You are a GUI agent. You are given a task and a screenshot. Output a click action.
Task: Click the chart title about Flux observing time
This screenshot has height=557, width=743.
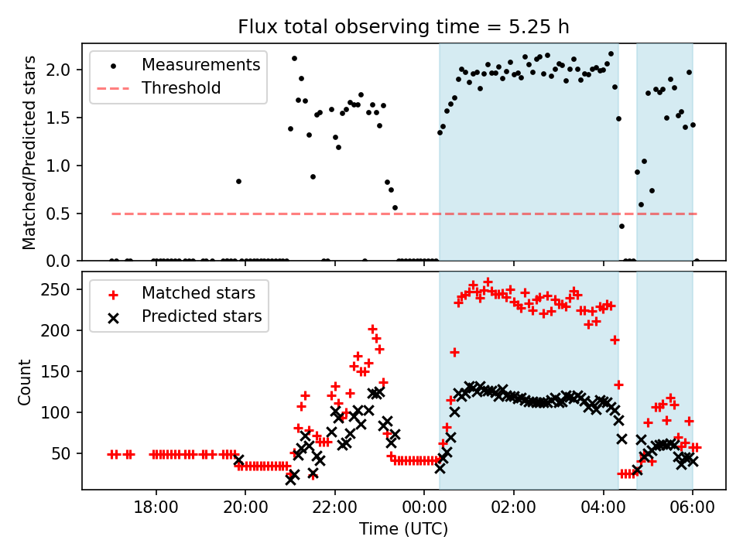tap(403, 27)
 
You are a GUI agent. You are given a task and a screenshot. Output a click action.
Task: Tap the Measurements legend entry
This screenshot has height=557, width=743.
tap(200, 64)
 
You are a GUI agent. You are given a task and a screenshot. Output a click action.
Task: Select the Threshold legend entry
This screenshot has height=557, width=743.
tap(181, 88)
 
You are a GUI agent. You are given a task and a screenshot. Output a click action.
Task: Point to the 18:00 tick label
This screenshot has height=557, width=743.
tap(156, 511)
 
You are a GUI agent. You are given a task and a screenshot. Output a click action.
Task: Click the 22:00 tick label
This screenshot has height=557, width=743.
tap(335, 511)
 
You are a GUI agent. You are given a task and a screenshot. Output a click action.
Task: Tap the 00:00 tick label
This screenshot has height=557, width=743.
tap(425, 511)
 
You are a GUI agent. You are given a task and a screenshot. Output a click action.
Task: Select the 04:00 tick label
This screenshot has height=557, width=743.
tap(604, 511)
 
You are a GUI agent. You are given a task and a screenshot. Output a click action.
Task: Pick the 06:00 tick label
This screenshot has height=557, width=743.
tap(693, 511)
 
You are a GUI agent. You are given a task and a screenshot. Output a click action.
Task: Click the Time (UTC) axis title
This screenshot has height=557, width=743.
tap(403, 530)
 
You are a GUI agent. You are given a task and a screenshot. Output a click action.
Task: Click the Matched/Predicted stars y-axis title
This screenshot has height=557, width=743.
tap(29, 152)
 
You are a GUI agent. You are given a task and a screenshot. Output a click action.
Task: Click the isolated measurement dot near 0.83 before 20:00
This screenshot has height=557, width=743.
tap(238, 181)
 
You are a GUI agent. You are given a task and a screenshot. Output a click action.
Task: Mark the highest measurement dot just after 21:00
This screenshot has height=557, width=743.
tap(294, 58)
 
